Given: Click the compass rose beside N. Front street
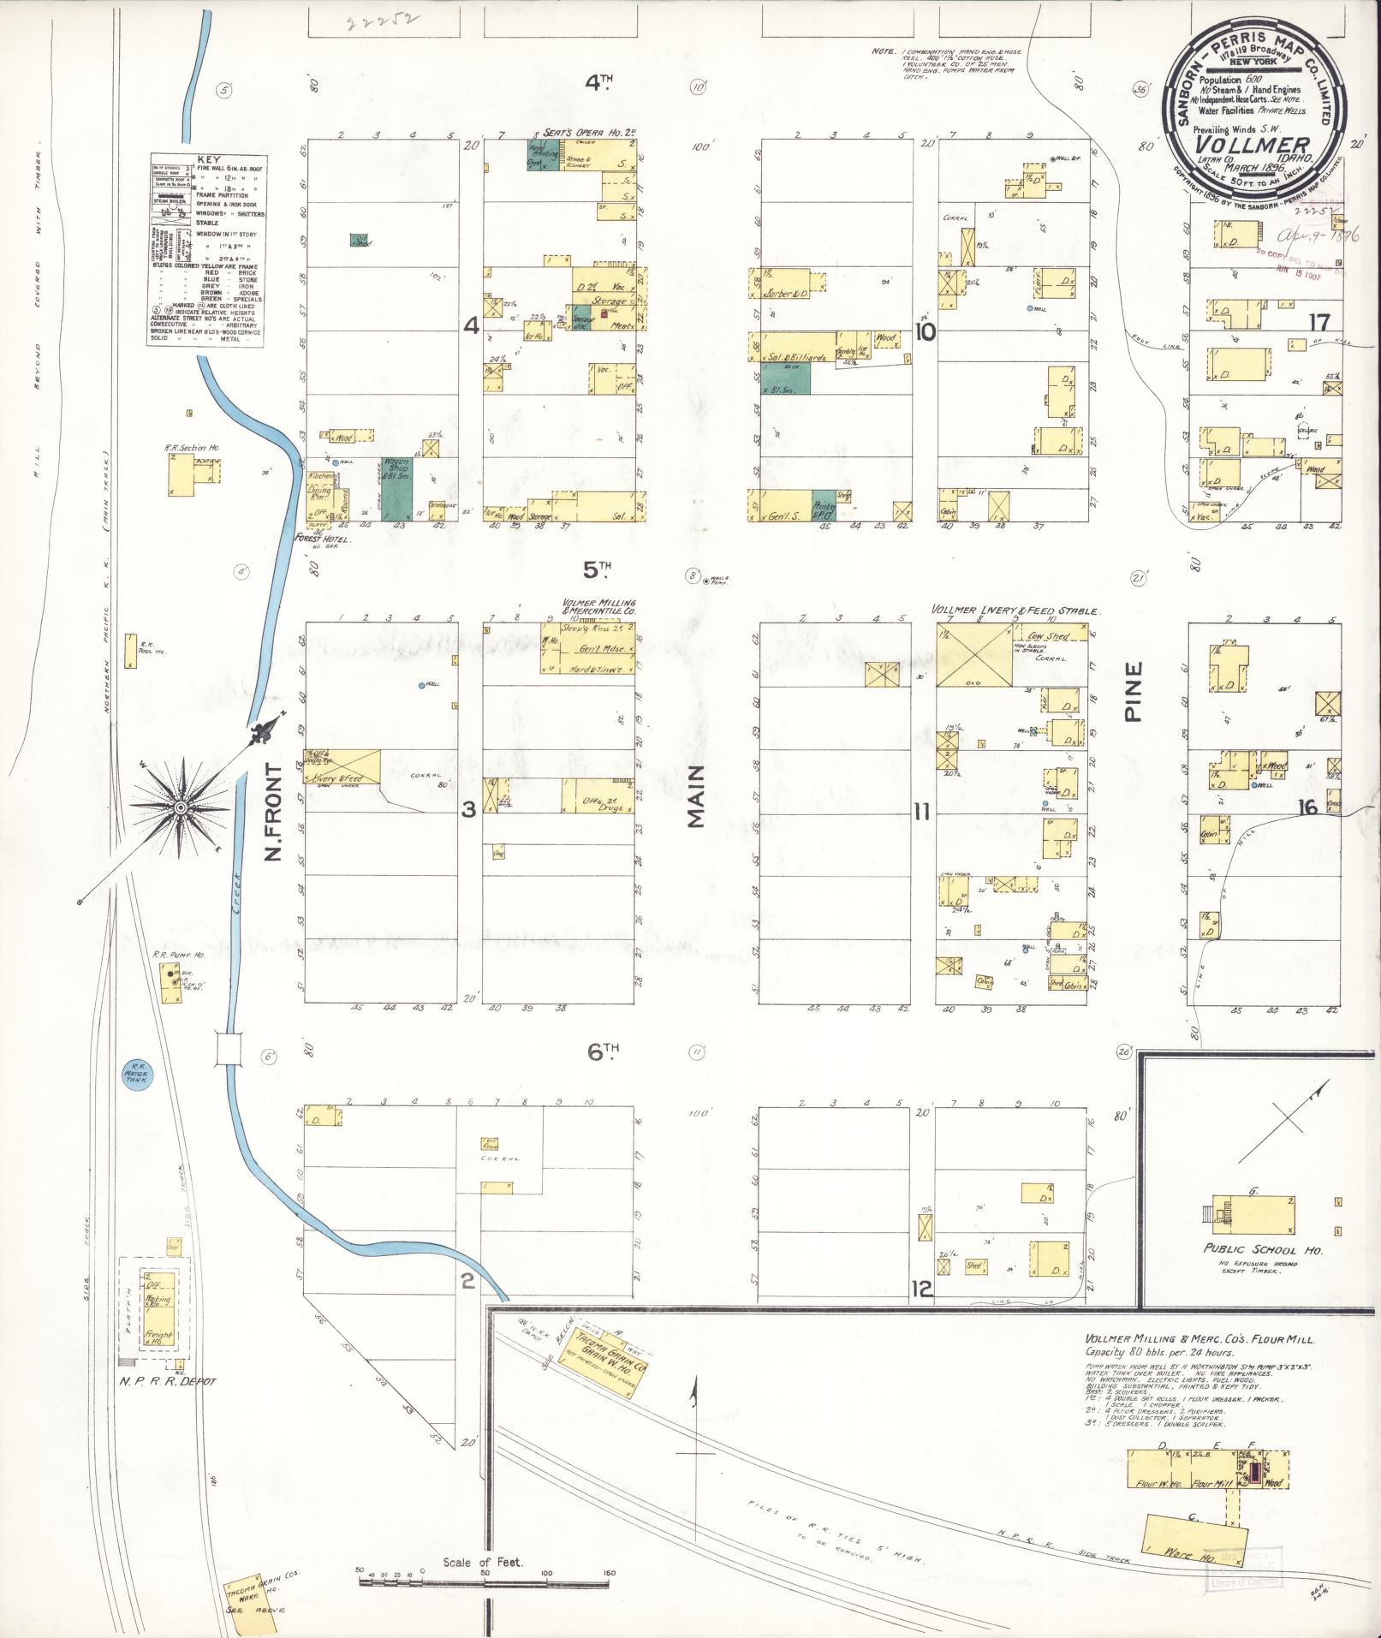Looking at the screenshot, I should tap(182, 807).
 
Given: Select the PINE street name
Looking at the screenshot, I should tap(1134, 692).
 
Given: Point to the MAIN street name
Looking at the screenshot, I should tap(695, 796).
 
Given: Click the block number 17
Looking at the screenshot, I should tap(1319, 322).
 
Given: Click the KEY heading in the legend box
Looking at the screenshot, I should tap(207, 159).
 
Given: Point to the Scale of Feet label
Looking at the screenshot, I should tap(484, 1563).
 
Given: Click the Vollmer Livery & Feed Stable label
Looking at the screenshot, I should tap(1015, 611).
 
